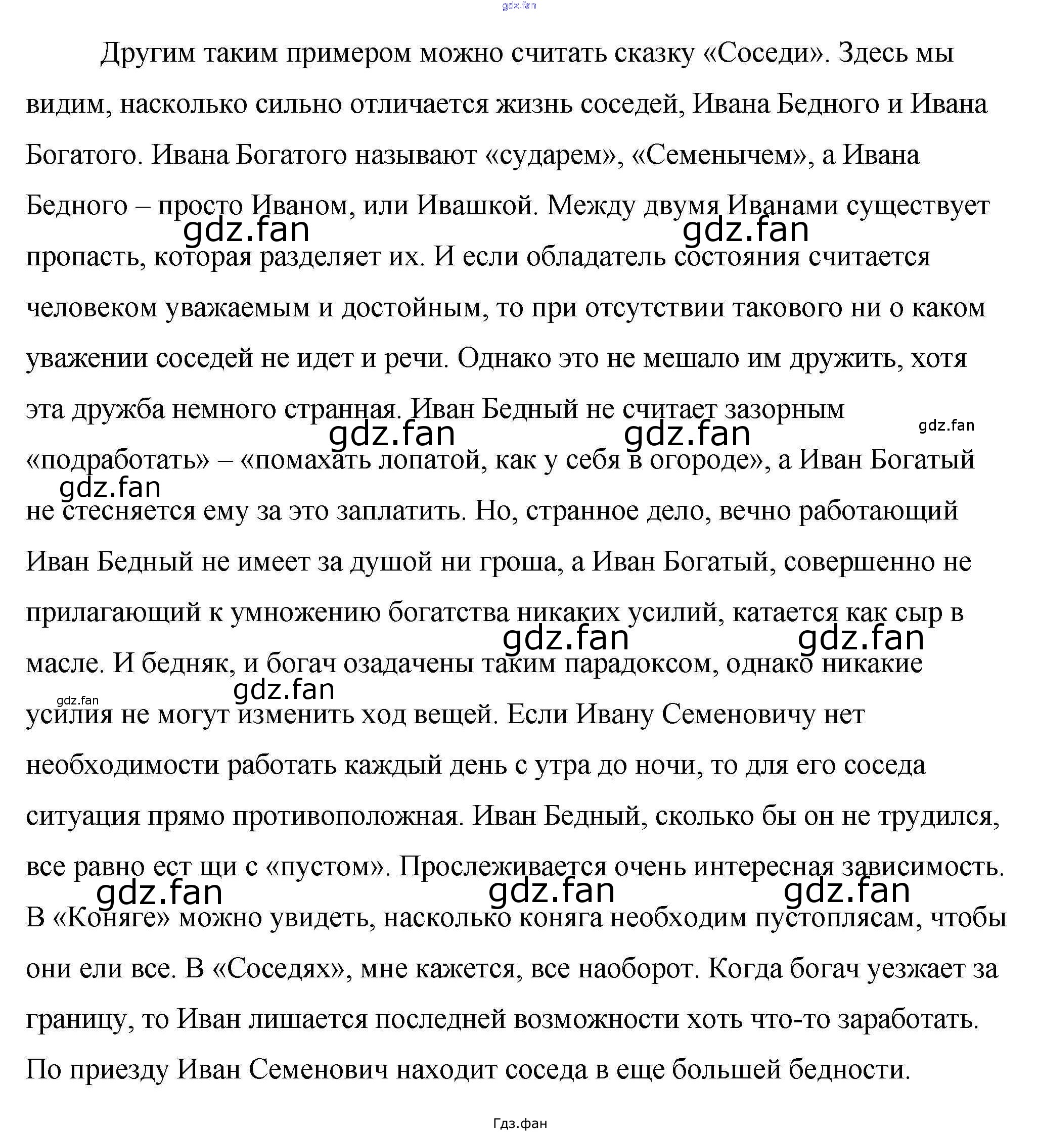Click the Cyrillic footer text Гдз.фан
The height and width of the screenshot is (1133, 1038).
coord(520,1123)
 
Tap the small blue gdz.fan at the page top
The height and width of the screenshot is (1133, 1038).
coord(518,6)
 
